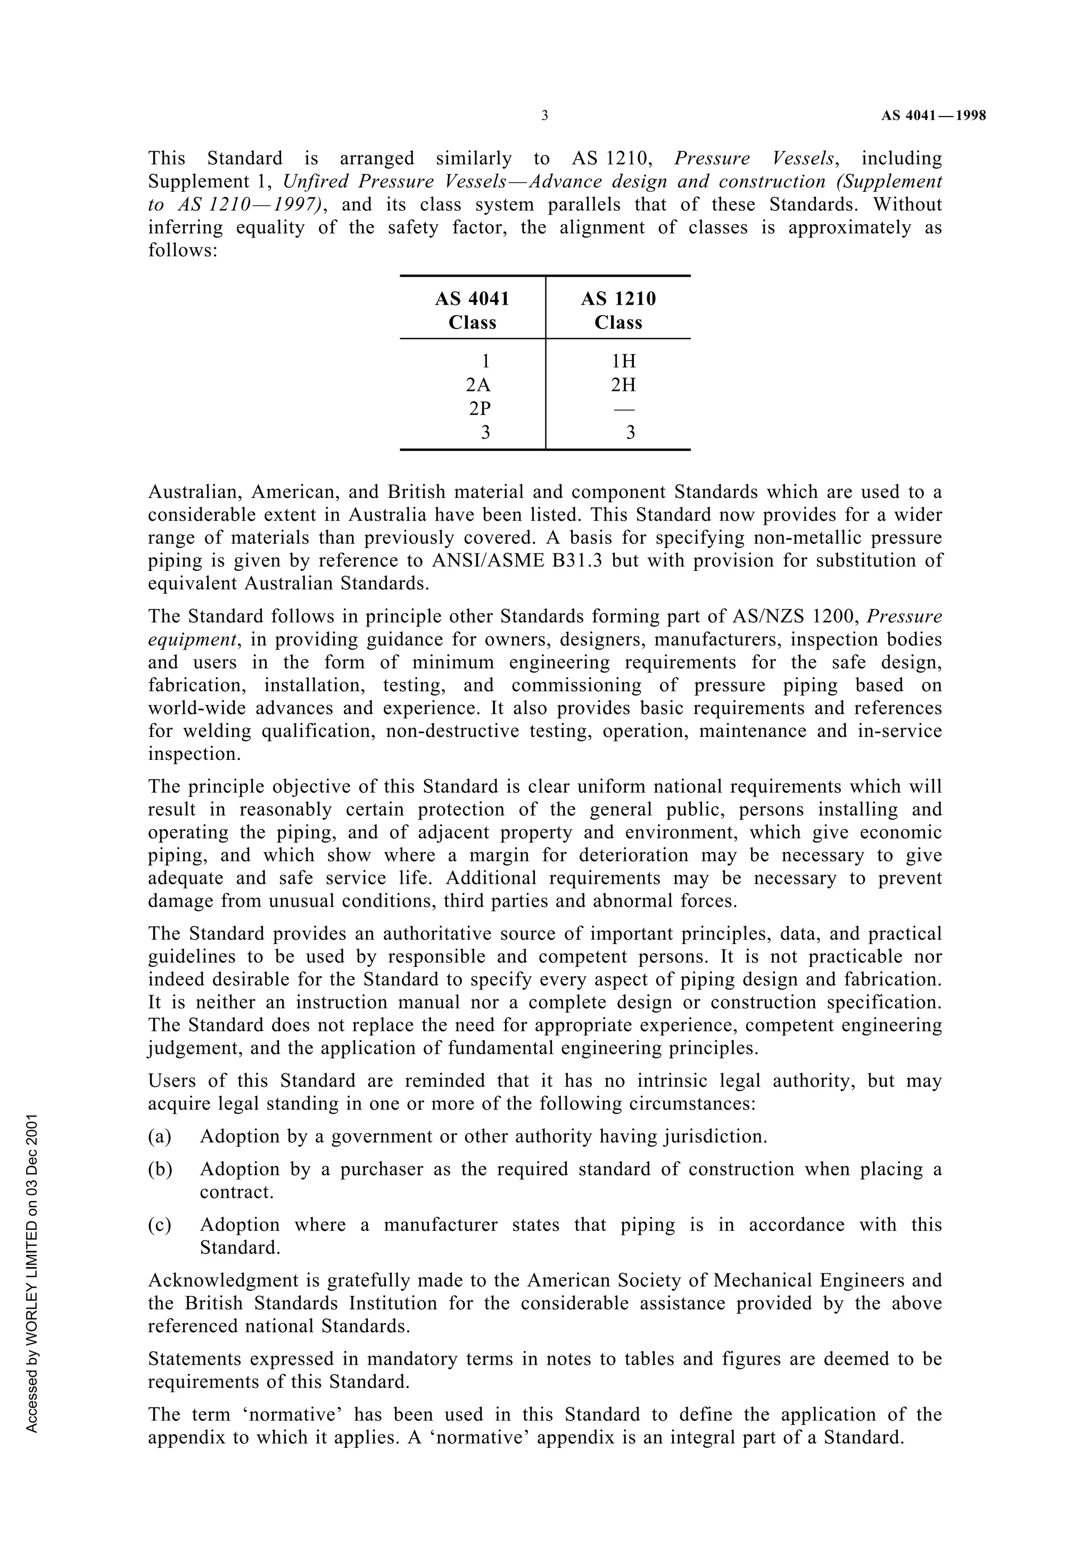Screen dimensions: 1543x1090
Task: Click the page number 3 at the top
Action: point(544,116)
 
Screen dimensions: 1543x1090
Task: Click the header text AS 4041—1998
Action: point(934,116)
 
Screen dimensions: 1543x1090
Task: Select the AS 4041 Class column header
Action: point(472,310)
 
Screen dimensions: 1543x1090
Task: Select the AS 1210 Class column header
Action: point(618,310)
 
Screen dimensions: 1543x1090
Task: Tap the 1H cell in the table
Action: point(623,362)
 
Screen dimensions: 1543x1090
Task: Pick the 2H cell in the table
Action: point(623,385)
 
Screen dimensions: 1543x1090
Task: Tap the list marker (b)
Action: point(160,1169)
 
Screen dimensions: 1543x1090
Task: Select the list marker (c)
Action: point(160,1225)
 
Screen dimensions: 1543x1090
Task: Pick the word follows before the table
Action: point(181,250)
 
